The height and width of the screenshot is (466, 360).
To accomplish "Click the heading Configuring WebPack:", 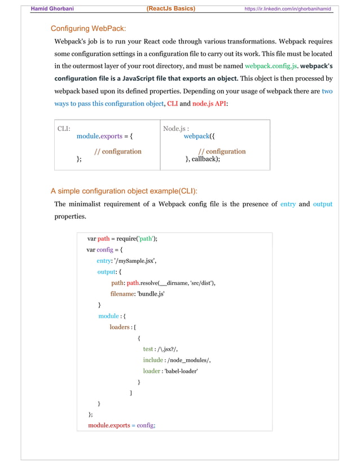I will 89,28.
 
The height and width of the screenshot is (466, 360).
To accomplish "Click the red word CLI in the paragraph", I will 172,104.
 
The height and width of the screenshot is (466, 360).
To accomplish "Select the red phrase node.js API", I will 209,104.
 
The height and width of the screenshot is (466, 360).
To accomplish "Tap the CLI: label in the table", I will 64,129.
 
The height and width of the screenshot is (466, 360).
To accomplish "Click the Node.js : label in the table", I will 175,129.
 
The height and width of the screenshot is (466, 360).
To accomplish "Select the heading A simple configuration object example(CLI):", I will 124,191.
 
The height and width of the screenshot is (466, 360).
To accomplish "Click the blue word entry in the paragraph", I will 288,204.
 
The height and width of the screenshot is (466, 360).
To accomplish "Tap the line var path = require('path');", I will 122,238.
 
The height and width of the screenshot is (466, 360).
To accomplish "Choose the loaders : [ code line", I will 123,327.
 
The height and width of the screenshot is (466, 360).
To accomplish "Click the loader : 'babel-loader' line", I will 170,371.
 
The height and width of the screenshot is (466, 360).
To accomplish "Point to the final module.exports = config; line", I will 121,425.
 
